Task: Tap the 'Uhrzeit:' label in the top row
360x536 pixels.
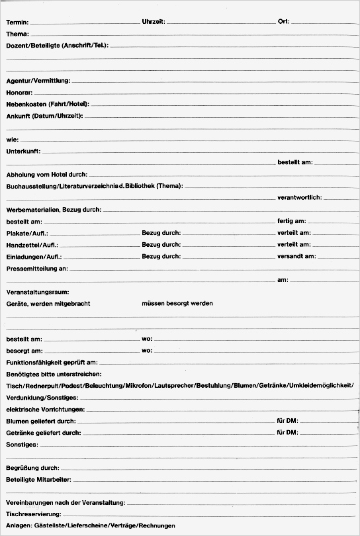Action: coord(153,22)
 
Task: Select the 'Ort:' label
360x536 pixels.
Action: coord(284,22)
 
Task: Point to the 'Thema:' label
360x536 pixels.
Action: coord(17,33)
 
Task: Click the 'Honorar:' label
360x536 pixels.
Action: coord(19,93)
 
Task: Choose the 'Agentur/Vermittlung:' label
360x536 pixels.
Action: coord(38,81)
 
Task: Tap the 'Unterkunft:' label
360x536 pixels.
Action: coord(23,152)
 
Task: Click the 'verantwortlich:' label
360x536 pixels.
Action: coord(299,198)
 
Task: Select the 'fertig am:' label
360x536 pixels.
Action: coord(291,221)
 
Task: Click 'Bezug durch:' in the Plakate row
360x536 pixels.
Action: coord(161,233)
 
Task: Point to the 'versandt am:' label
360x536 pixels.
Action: coord(296,256)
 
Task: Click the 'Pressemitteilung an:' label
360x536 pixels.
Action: coord(36,269)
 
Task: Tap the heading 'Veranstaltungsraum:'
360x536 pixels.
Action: coord(37,292)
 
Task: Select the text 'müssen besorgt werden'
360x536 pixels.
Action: coord(177,303)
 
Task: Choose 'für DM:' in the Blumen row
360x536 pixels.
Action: coord(287,421)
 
